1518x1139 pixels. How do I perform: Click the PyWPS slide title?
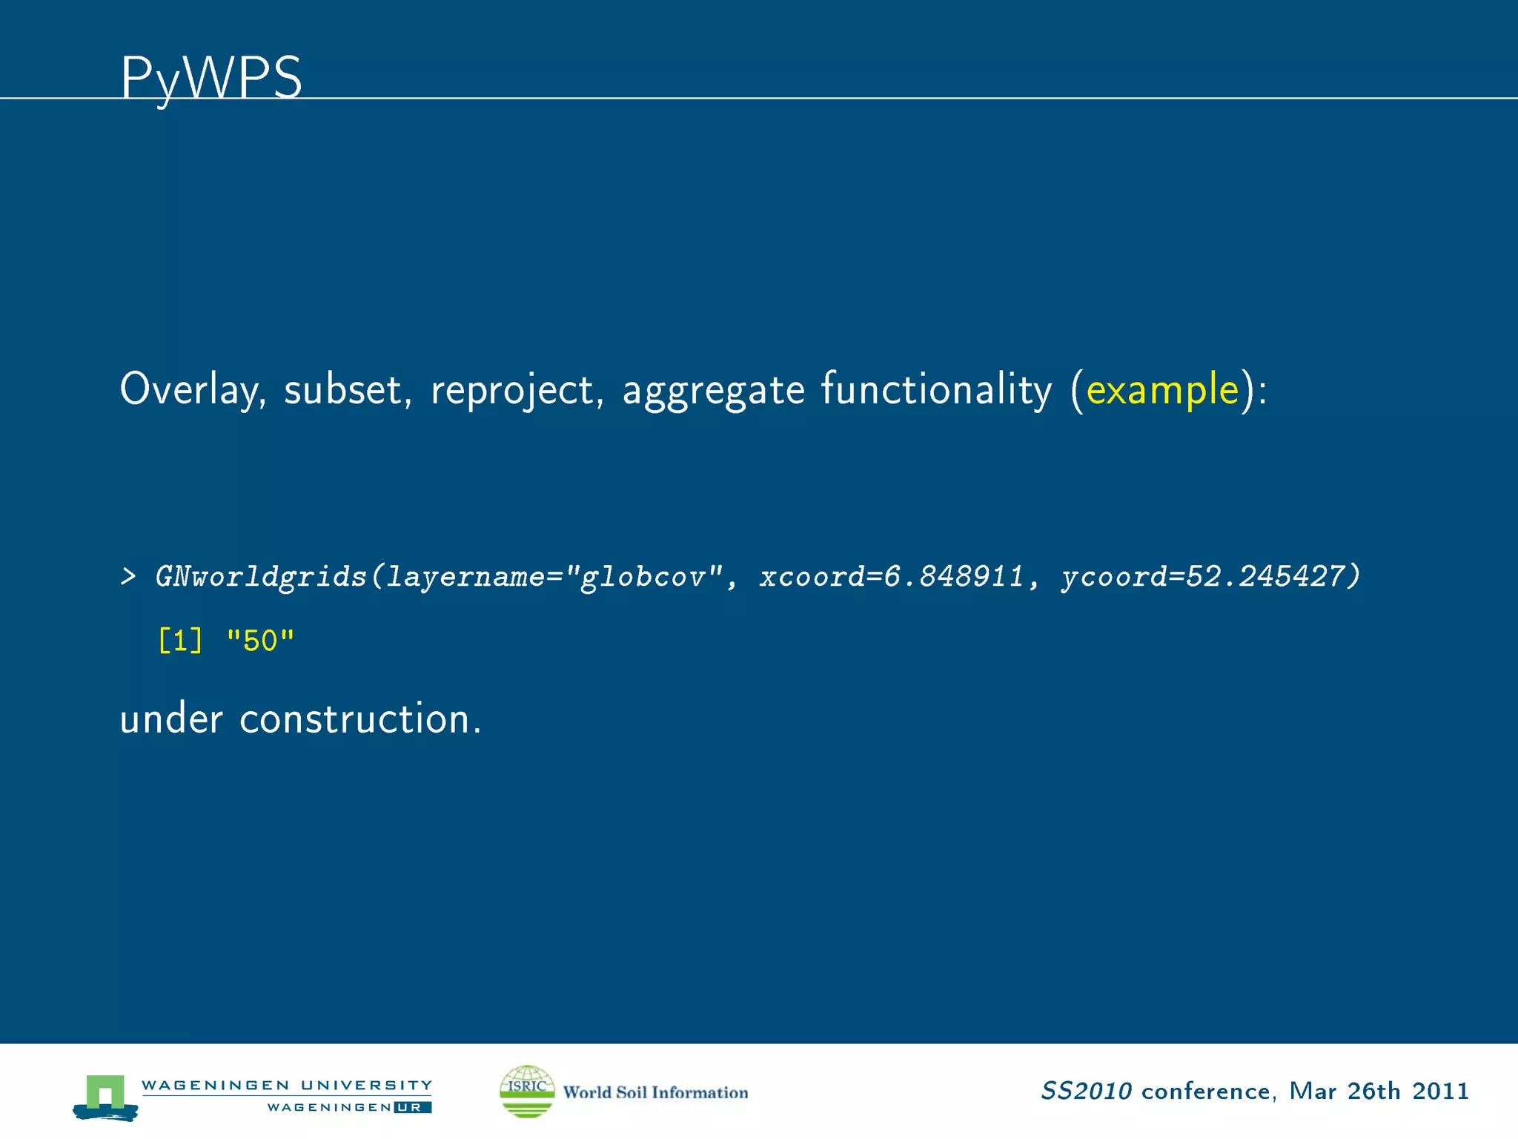click(x=211, y=77)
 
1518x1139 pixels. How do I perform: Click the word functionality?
click(x=936, y=390)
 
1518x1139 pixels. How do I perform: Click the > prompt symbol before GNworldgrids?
click(x=128, y=577)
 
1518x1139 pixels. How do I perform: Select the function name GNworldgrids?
click(x=261, y=577)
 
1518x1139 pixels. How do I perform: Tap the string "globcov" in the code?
click(x=643, y=577)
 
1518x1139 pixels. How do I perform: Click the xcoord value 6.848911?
click(x=954, y=577)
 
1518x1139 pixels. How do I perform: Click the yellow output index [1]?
click(x=180, y=641)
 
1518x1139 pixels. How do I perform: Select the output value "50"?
click(x=260, y=641)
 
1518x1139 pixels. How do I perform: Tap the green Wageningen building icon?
click(x=105, y=1095)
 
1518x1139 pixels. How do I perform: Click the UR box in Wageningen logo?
click(x=412, y=1107)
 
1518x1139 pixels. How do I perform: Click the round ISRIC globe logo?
click(x=527, y=1091)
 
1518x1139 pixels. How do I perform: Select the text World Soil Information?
click(x=655, y=1092)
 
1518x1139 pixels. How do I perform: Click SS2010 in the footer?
click(x=1086, y=1091)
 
